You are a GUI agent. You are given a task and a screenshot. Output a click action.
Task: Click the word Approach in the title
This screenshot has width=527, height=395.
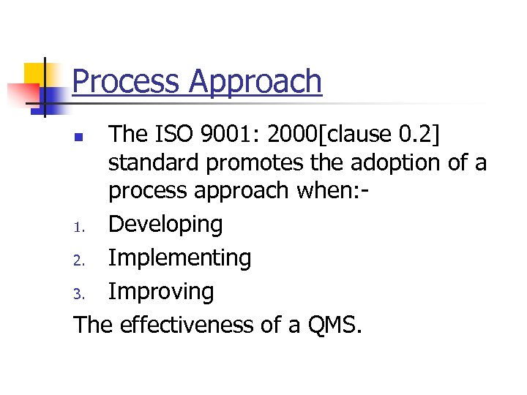click(x=256, y=83)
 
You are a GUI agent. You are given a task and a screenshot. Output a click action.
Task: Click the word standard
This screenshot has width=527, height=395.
click(x=155, y=162)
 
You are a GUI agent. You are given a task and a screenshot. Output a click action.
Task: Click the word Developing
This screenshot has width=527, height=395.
click(x=165, y=225)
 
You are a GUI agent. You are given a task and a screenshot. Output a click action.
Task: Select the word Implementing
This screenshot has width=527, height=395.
click(x=179, y=258)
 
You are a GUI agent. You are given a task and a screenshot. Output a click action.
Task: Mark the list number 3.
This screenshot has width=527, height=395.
click(x=81, y=294)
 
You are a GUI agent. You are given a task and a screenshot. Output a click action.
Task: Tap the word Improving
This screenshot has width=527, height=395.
click(x=161, y=293)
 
